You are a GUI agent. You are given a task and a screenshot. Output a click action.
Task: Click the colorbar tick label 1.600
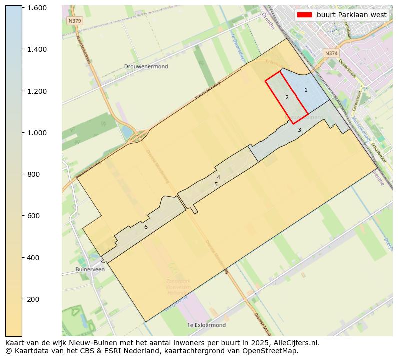tap(37, 8)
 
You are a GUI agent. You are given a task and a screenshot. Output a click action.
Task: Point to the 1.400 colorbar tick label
tap(37, 49)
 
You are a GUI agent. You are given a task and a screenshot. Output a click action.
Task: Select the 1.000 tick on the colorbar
tap(37, 133)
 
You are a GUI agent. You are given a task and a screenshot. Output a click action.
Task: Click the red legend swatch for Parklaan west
tap(304, 15)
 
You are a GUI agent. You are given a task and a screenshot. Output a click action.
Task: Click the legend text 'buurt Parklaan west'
tap(351, 15)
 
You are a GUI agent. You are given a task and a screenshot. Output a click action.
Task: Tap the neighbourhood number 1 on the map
tap(306, 90)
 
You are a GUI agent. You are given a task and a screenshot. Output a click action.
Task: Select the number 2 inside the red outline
tap(287, 97)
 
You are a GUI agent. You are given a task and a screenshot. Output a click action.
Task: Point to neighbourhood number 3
tap(299, 130)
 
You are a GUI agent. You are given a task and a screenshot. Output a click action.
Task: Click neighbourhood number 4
tap(218, 177)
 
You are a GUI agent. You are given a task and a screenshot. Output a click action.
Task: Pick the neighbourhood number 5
tap(216, 184)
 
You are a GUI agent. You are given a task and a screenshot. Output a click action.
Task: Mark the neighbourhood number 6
tap(146, 227)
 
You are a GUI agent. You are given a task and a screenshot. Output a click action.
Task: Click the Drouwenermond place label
tap(146, 66)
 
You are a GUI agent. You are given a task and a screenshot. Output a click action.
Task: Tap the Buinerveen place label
tap(90, 269)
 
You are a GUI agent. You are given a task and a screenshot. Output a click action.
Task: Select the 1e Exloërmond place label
tap(206, 325)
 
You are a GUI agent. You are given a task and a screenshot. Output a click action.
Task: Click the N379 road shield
tap(74, 21)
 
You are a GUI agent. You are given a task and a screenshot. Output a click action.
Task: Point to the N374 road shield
tap(331, 53)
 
